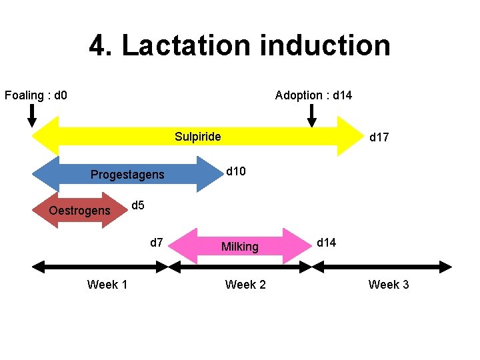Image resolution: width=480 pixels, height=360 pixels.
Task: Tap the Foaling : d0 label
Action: [x=36, y=95]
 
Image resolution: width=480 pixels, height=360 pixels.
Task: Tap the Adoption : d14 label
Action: [x=313, y=95]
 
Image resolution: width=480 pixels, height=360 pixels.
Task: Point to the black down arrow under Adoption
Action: [x=311, y=115]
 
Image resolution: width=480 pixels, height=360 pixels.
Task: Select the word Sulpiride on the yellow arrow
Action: [x=197, y=137]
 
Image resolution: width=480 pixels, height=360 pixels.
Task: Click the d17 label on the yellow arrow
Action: [x=379, y=137]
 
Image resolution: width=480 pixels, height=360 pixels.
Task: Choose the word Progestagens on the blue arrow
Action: [x=127, y=175]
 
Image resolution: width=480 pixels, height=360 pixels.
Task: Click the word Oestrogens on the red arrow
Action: [x=79, y=211]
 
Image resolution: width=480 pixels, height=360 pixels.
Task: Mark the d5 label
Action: [x=138, y=205]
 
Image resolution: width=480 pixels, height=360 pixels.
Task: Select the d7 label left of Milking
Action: [x=157, y=242]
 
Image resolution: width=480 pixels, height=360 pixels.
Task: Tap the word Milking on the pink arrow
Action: [x=239, y=247]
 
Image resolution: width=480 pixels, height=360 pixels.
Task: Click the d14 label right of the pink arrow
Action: [x=326, y=242]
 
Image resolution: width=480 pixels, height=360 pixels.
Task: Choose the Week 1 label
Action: [x=107, y=285]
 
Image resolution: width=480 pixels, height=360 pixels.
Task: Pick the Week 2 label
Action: [x=245, y=285]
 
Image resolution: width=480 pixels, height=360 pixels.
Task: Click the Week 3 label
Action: [x=389, y=285]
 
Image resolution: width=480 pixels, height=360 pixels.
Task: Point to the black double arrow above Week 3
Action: [x=382, y=267]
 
